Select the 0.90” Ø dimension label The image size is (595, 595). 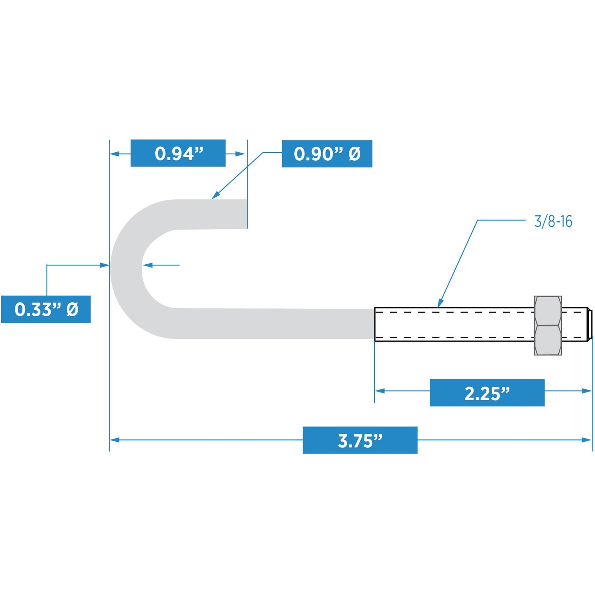(327, 154)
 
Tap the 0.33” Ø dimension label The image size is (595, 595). (46, 309)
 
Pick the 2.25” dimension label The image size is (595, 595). (487, 393)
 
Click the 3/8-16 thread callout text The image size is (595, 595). (553, 222)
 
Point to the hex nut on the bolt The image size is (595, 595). (548, 325)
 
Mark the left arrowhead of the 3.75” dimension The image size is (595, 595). (115, 440)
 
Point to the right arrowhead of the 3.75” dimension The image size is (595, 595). (586, 440)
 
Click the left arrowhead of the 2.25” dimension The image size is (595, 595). (380, 391)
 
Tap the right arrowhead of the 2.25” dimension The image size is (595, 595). (586, 391)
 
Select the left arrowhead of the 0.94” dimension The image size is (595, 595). (115, 154)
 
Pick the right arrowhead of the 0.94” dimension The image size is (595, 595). (240, 154)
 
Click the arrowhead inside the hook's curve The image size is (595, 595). (147, 265)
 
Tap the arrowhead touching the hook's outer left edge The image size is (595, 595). (105, 265)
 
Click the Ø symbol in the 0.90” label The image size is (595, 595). (355, 154)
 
